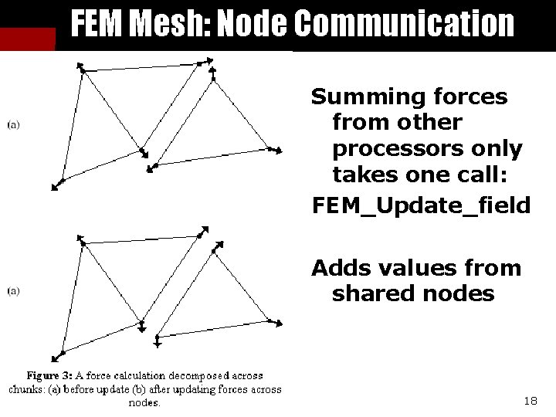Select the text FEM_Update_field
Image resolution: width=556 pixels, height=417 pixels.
click(x=420, y=205)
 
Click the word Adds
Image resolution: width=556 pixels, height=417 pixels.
click(x=340, y=268)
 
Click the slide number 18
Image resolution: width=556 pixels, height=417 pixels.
click(x=530, y=401)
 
